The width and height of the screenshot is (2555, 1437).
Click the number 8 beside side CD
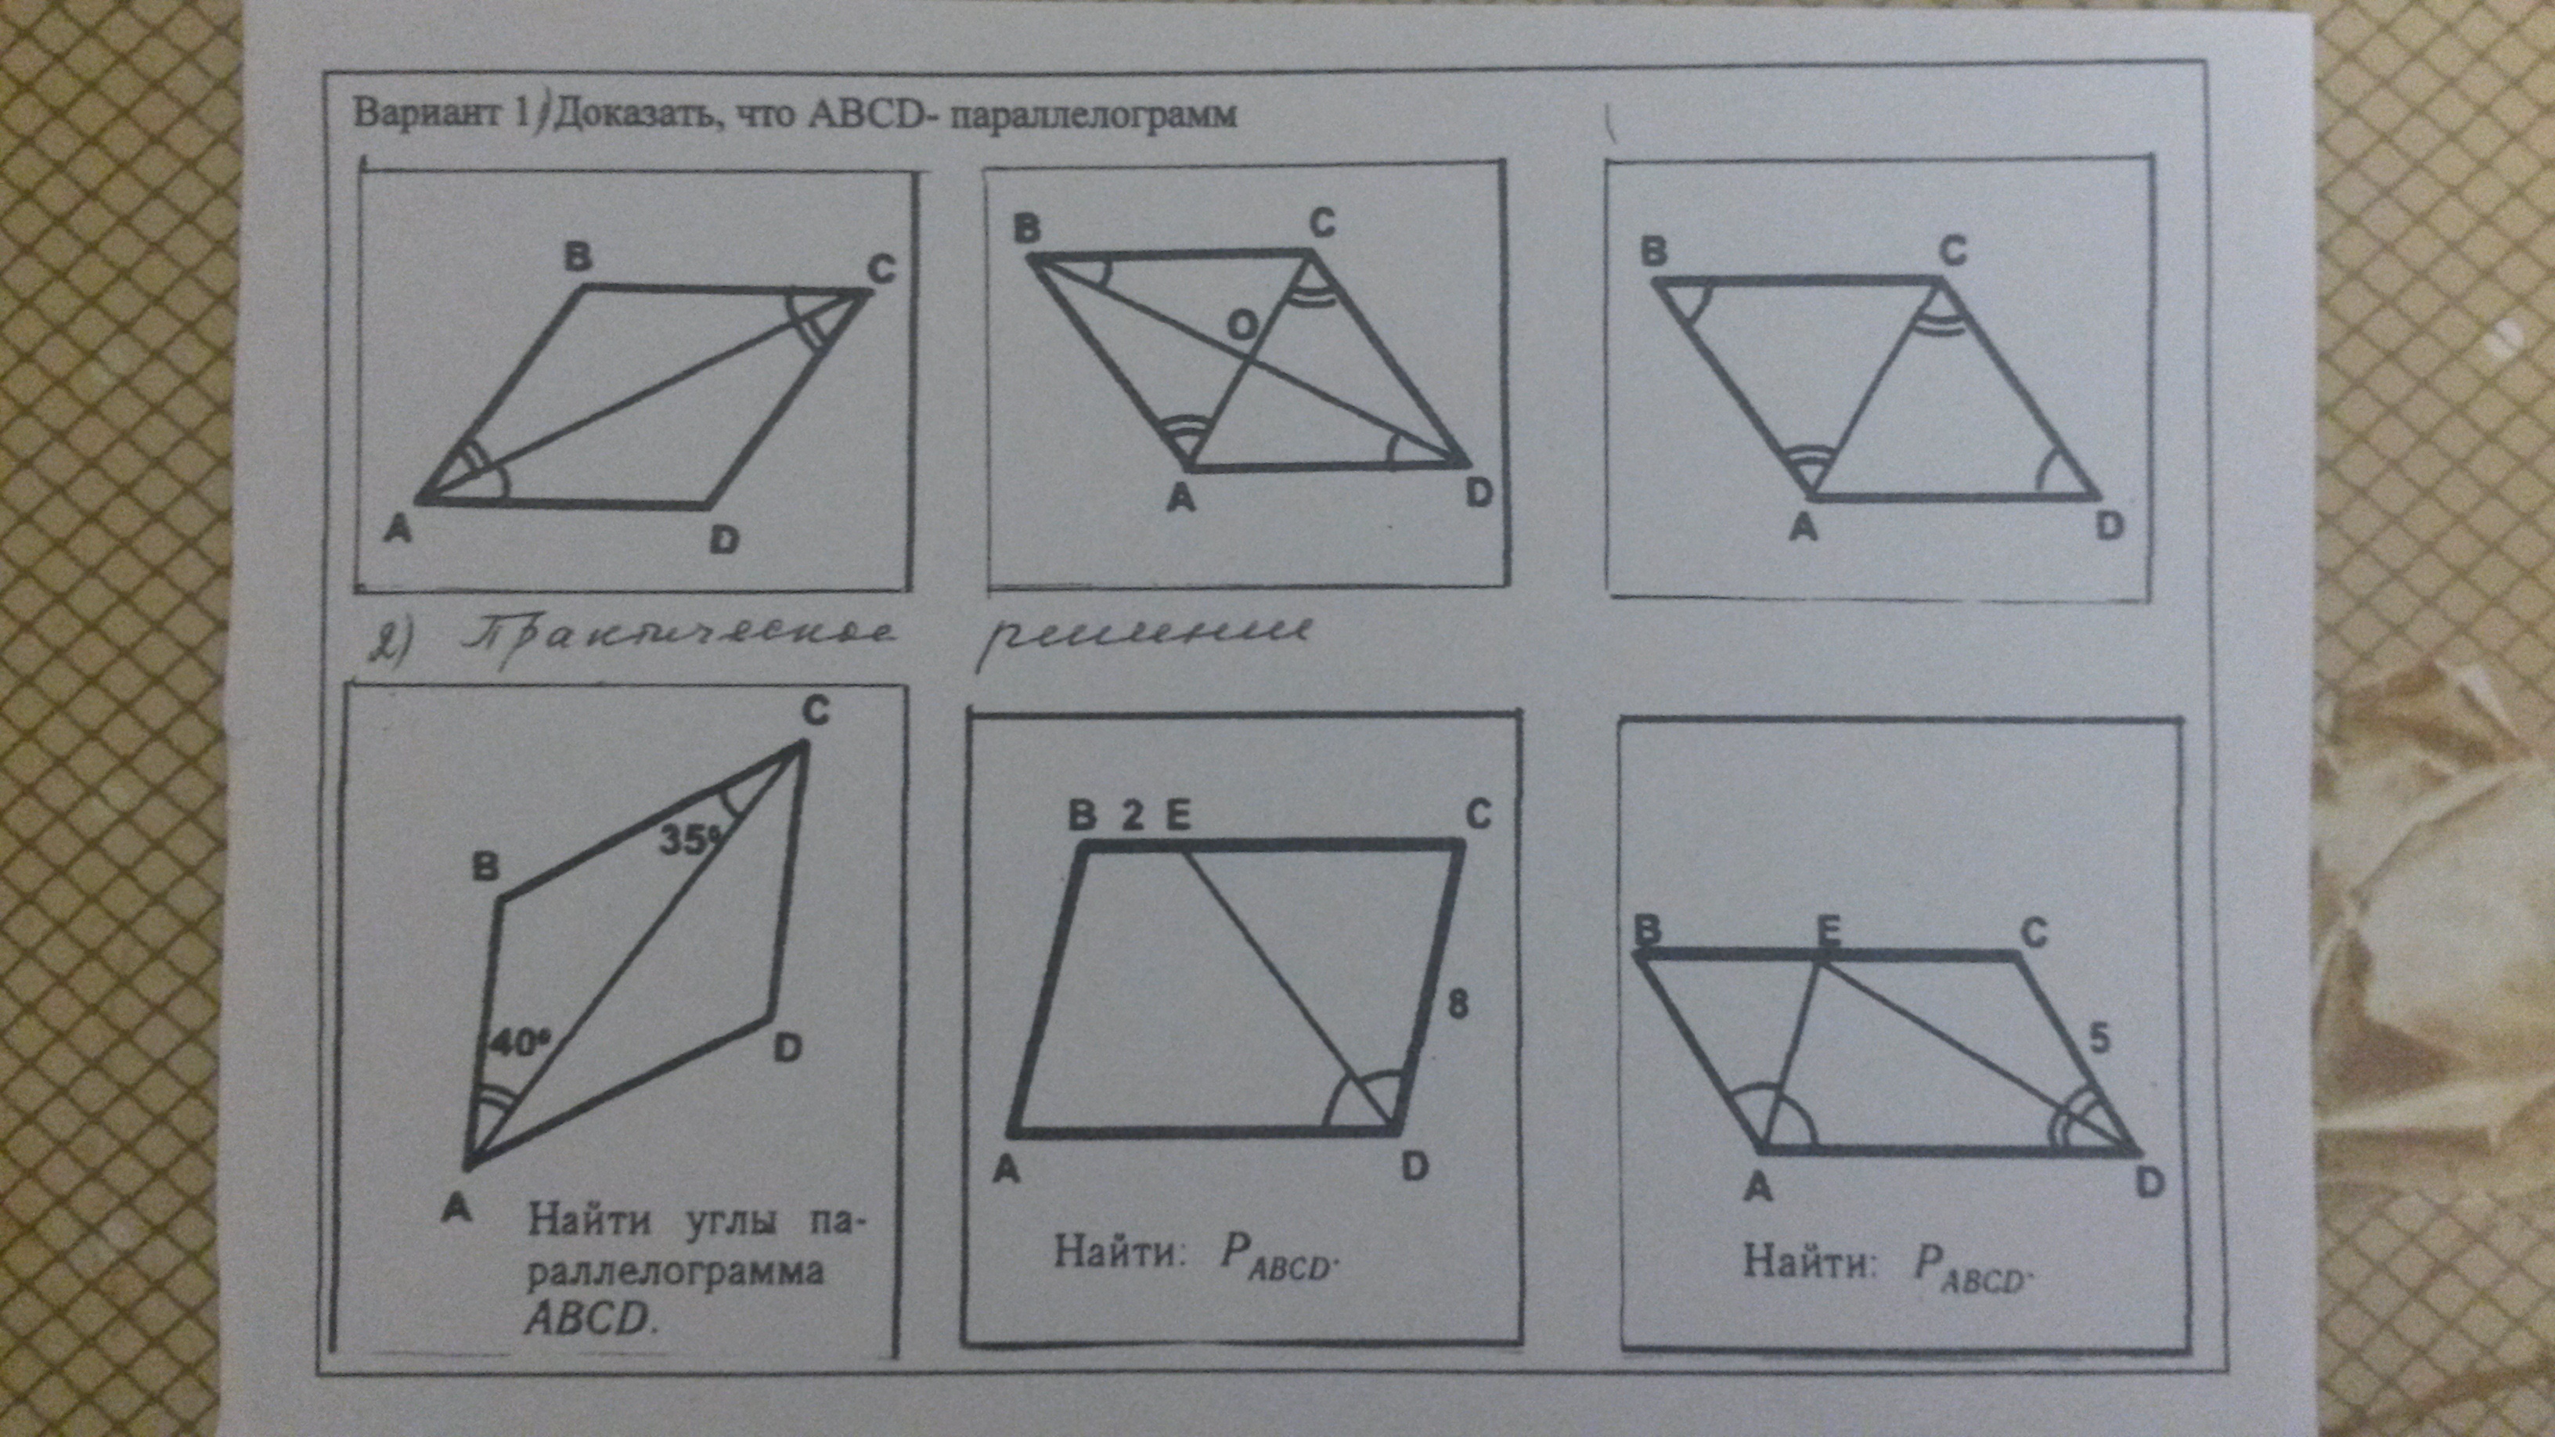click(x=1456, y=1005)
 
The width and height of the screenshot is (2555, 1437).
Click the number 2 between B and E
click(x=1132, y=816)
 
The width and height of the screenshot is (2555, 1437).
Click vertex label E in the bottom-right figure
click(x=1828, y=931)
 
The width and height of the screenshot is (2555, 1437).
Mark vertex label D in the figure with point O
click(x=1478, y=494)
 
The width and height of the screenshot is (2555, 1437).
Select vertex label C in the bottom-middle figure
click(x=1478, y=816)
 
